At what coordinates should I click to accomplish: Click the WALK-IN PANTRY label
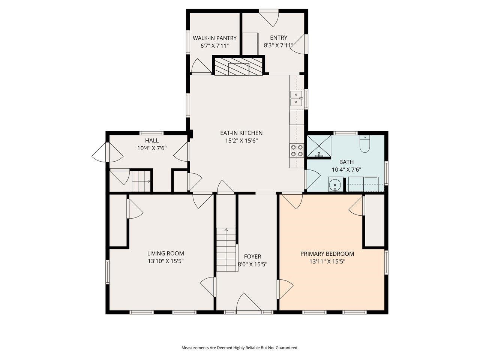click(214, 38)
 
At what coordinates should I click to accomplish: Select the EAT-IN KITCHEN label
click(241, 133)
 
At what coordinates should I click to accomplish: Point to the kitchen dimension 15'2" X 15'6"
click(241, 141)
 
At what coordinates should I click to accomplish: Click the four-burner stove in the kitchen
click(296, 151)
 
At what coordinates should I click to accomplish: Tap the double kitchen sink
click(296, 98)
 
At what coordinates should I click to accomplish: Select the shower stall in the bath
click(319, 146)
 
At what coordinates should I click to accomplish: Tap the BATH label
click(346, 162)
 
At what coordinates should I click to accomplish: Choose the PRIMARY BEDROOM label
click(327, 253)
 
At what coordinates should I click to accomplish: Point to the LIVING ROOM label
click(165, 253)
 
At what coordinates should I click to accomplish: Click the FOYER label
click(252, 256)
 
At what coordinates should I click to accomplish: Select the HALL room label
click(151, 140)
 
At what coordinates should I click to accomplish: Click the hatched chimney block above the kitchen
click(239, 66)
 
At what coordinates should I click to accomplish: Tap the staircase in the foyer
click(226, 250)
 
